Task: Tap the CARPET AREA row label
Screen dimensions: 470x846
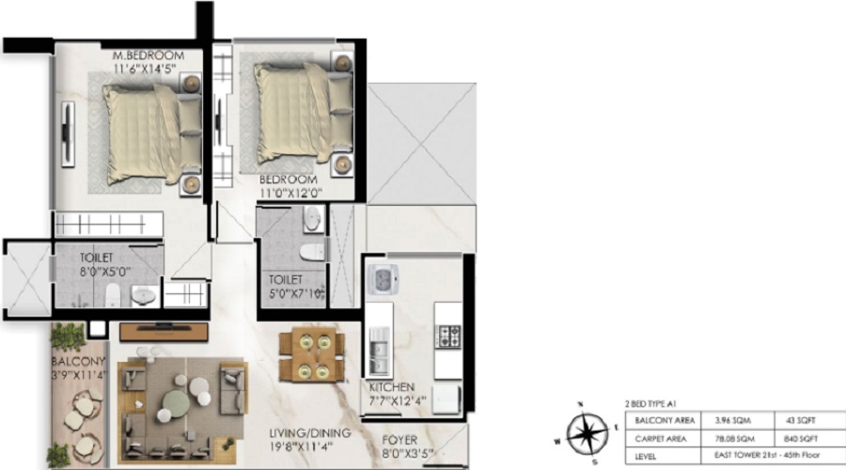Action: coord(661,437)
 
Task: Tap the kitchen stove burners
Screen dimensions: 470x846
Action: coord(446,335)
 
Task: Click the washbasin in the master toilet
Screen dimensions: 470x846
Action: coord(143,296)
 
